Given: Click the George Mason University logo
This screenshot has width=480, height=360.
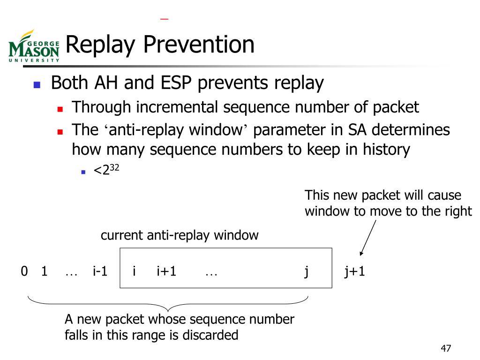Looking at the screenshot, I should coord(34,46).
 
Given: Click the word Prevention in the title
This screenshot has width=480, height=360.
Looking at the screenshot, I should coord(199,45).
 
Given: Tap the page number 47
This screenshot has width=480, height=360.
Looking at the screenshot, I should coord(445,349).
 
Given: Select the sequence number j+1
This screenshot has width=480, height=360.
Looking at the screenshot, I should coord(354,271).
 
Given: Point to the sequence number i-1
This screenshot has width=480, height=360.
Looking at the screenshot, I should coord(100,271).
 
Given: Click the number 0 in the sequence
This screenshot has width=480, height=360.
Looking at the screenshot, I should coord(24,271).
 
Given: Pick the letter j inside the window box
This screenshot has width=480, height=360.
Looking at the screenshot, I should coord(306,271).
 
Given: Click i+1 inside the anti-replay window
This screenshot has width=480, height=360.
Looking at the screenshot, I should coord(166,271).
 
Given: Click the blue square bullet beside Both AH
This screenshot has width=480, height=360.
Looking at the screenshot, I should coord(37,85).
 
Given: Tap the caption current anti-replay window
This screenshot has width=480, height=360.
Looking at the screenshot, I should coord(180,235).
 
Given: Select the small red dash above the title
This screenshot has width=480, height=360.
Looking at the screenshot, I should coord(164,19).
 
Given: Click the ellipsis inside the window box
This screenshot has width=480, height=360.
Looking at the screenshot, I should coord(211,272).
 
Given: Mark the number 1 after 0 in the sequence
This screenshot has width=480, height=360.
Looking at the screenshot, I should coord(44,271).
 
